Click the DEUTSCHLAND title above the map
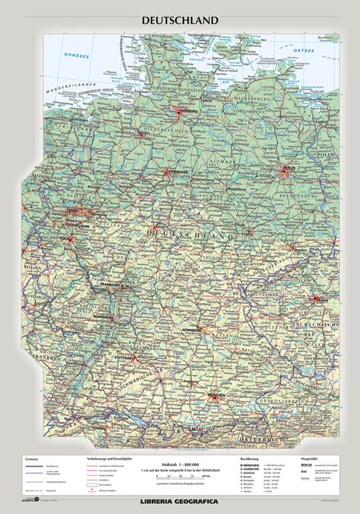coord(179,20)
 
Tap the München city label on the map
coord(216,396)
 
